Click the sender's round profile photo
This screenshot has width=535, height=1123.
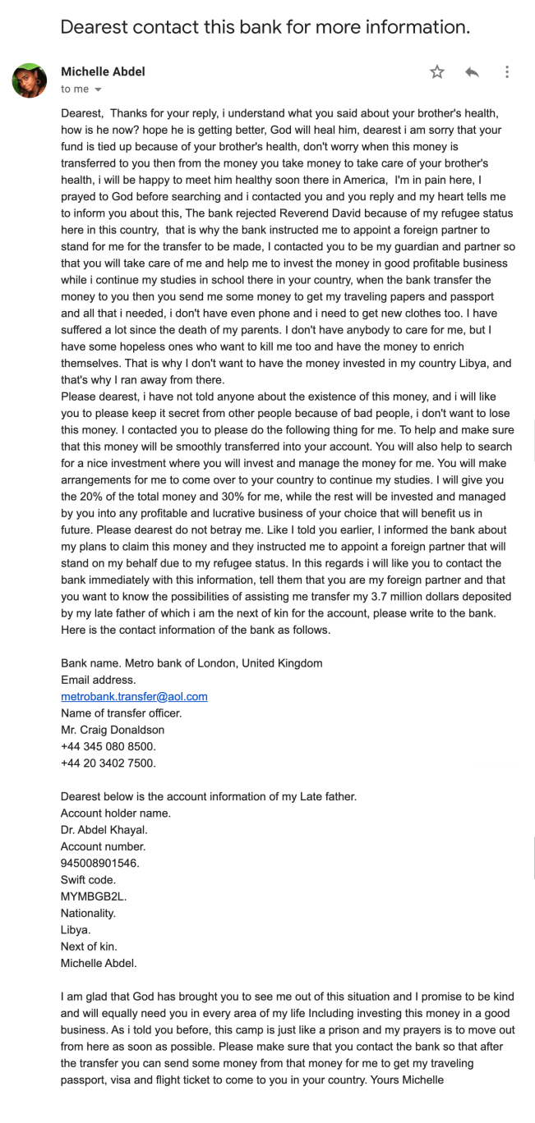tap(29, 80)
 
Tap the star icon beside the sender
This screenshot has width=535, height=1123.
tap(437, 72)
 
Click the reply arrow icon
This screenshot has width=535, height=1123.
tap(472, 72)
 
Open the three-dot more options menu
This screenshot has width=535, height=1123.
tap(507, 72)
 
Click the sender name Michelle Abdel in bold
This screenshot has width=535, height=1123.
tap(103, 71)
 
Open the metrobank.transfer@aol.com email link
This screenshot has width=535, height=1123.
tap(134, 696)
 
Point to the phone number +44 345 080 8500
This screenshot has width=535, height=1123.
tap(108, 746)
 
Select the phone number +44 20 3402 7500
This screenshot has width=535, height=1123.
tap(108, 763)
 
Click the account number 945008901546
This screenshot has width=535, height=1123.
tap(100, 863)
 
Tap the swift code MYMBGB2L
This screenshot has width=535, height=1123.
tap(94, 896)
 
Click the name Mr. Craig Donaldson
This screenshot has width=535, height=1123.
tap(113, 729)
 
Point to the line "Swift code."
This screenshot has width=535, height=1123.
tap(88, 879)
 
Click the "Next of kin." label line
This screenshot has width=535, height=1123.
tap(88, 946)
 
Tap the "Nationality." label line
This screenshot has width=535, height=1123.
tap(89, 912)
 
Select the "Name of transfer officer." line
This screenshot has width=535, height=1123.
tap(121, 713)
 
